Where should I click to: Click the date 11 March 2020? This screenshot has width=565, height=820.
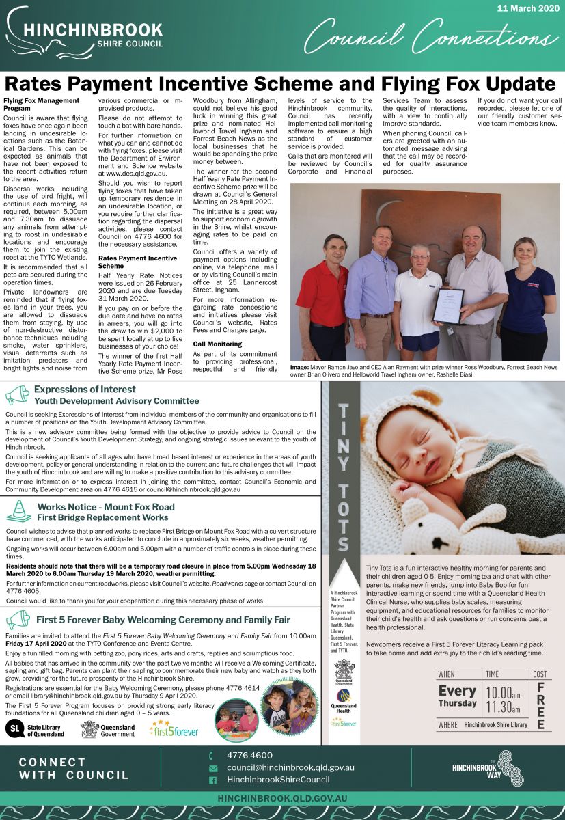[528, 8]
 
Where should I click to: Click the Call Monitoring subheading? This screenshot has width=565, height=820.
[217, 344]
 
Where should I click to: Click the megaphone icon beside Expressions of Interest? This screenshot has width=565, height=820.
[17, 395]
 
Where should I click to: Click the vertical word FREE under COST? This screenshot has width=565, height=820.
[540, 706]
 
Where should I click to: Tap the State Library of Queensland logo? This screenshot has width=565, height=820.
[35, 730]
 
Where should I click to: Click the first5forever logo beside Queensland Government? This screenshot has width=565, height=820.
[174, 730]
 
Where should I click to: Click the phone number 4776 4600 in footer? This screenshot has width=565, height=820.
[249, 755]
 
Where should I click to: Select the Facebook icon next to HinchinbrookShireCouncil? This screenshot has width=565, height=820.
[212, 780]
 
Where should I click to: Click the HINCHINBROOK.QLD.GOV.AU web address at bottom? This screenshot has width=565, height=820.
[282, 798]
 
